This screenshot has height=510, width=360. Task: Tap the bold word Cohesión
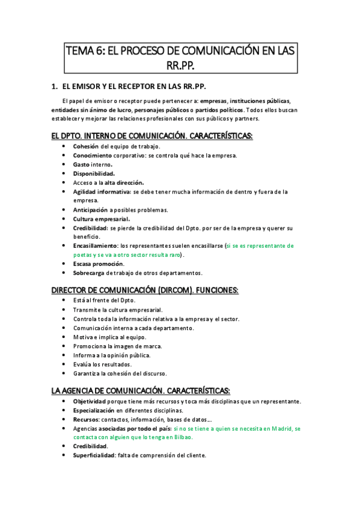click(x=87, y=146)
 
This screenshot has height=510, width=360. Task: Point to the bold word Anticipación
click(x=90, y=210)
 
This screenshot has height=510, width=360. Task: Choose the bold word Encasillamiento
click(x=96, y=245)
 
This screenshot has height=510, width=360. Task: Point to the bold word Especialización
click(x=95, y=410)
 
